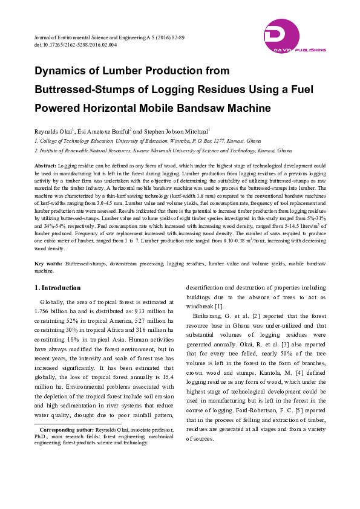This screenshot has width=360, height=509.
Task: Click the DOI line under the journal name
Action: click(76, 45)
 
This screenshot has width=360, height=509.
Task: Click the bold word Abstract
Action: click(46, 165)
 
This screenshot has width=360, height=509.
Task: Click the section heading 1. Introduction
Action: click(57, 288)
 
